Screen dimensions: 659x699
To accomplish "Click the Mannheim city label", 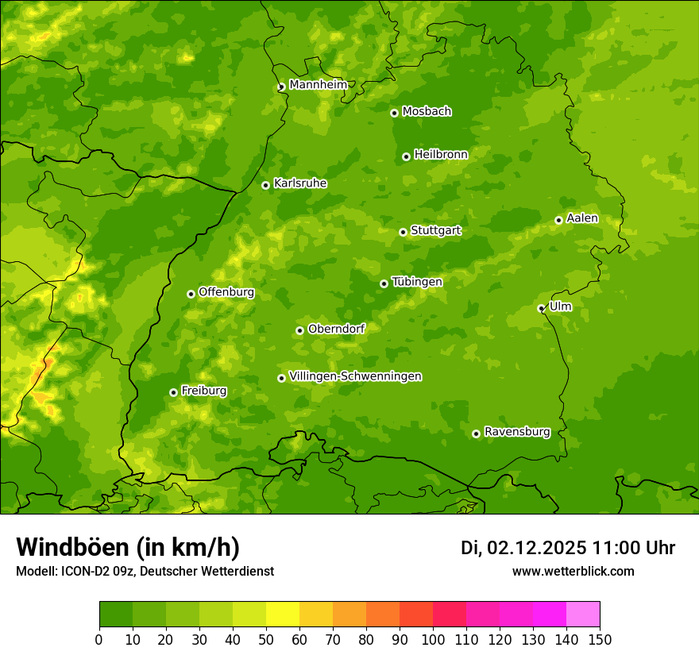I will click(x=318, y=85).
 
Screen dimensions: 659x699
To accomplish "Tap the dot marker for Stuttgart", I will click(x=403, y=232).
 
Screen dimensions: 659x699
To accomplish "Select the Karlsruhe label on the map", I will click(x=299, y=183).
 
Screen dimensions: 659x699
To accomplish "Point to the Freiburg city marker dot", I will click(x=173, y=392).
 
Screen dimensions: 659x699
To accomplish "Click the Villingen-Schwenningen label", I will click(x=355, y=376).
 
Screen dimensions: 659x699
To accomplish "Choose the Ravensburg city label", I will click(x=516, y=432).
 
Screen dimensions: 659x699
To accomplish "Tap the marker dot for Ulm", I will click(x=541, y=308).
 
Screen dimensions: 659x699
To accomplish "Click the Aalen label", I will click(x=581, y=218).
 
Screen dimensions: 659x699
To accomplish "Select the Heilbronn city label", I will click(x=440, y=155).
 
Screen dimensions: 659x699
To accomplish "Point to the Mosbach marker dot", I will click(x=394, y=113).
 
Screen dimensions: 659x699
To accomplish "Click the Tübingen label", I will click(x=416, y=282).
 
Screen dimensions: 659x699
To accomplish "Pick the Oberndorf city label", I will click(x=336, y=329).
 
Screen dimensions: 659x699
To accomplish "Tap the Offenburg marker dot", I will click(x=191, y=294).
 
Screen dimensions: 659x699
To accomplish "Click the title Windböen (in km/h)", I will click(x=128, y=547).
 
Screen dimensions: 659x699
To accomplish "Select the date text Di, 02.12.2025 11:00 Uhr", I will click(x=567, y=548).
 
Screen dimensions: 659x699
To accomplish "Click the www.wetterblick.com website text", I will click(x=573, y=571).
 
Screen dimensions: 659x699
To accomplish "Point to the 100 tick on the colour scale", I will click(x=432, y=638).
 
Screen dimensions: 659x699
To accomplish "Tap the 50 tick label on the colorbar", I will click(x=266, y=638).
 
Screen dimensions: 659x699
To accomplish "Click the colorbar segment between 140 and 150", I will click(x=582, y=615).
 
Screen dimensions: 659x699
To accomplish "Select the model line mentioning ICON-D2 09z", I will click(x=145, y=571).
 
